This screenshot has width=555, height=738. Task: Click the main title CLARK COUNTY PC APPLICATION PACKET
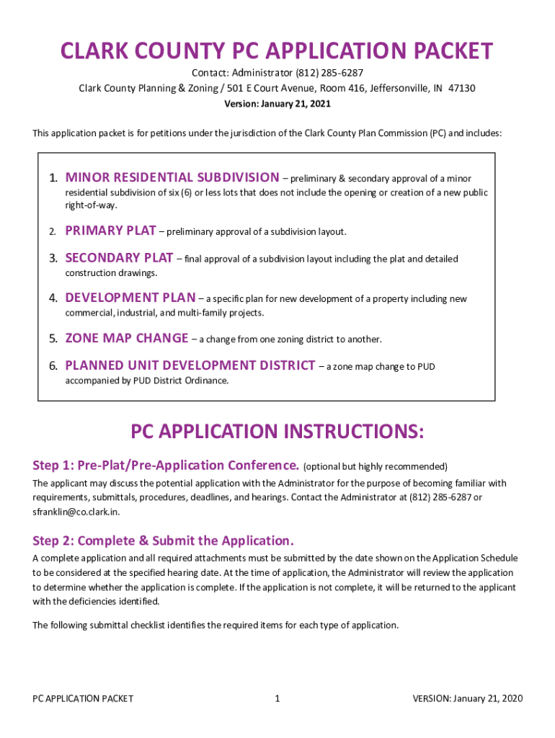tap(277, 51)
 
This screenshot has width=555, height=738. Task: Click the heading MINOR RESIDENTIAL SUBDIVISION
tap(172, 177)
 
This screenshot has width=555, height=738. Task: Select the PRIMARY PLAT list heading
tap(110, 231)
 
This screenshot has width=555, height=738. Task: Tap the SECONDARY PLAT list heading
tap(119, 258)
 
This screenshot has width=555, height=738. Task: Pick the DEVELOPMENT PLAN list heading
tap(130, 298)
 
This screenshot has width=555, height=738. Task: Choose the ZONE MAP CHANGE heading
tap(127, 338)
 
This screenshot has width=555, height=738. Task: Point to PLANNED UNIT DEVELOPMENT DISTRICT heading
tap(190, 365)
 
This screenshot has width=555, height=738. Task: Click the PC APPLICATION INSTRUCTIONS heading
tap(277, 432)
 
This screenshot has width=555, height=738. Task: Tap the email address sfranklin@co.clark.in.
tap(76, 511)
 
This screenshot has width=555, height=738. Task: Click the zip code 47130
tap(461, 89)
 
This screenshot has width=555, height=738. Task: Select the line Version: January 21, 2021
tap(277, 104)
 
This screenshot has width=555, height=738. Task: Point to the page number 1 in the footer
tap(277, 698)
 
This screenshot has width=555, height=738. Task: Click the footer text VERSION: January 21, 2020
tap(468, 698)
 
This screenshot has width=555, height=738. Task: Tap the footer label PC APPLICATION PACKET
tap(83, 698)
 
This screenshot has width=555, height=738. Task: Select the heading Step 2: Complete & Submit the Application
tap(164, 541)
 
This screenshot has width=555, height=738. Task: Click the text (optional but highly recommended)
tap(376, 466)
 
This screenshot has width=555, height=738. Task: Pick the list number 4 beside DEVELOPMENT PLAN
tap(53, 298)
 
